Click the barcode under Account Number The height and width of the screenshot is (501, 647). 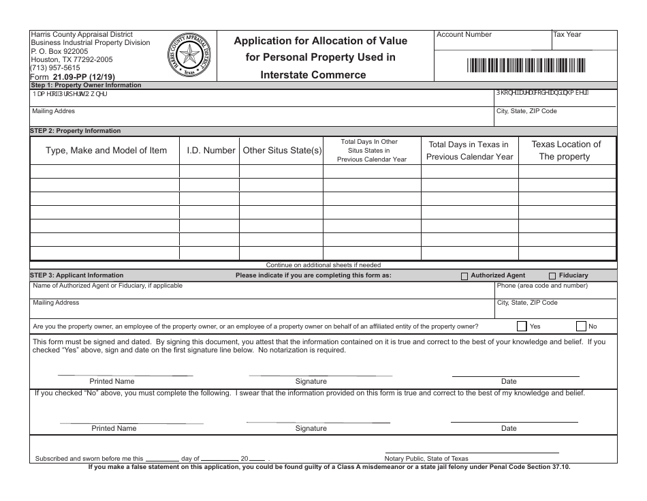tap(526, 65)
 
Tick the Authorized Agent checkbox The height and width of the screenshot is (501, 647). tap(464, 276)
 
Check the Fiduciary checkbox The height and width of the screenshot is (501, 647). tap(552, 276)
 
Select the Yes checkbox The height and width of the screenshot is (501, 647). tap(522, 326)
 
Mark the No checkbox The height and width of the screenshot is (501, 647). tap(581, 326)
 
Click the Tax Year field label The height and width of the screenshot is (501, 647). tap(567, 34)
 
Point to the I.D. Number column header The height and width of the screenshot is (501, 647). tap(210, 151)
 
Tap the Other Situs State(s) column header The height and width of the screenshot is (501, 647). tap(282, 151)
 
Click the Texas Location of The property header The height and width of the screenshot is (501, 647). tap(566, 151)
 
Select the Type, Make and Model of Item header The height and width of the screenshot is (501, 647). tap(106, 151)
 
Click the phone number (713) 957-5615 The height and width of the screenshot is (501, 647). tap(56, 68)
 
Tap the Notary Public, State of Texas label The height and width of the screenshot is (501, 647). tap(427, 459)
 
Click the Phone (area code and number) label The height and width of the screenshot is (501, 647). tap(542, 286)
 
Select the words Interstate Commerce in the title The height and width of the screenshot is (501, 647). tap(313, 75)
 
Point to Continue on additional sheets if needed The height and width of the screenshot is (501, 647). tap(323, 265)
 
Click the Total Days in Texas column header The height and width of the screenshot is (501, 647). tap(469, 151)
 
